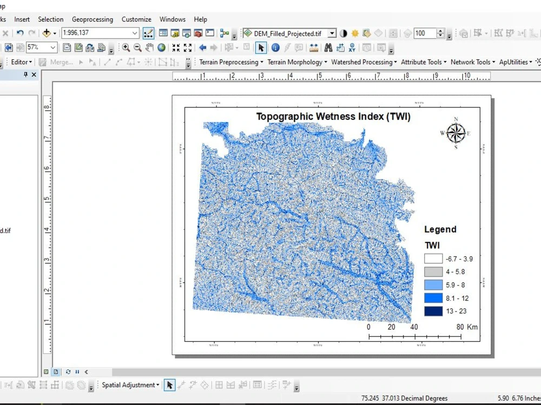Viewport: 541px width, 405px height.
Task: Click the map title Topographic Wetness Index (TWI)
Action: pyautogui.click(x=333, y=117)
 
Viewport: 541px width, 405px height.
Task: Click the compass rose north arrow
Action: pyautogui.click(x=456, y=133)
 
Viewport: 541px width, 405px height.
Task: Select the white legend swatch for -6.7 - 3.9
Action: pyautogui.click(x=433, y=259)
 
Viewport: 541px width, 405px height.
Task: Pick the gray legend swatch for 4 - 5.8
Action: pyautogui.click(x=433, y=272)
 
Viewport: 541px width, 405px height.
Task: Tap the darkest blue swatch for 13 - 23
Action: pyautogui.click(x=433, y=311)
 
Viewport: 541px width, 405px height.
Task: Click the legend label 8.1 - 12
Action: pyautogui.click(x=457, y=298)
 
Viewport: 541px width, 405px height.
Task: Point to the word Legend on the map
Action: pyautogui.click(x=440, y=230)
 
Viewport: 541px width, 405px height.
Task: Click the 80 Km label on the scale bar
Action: pyautogui.click(x=467, y=327)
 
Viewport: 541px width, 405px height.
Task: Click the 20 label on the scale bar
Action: pyautogui.click(x=391, y=327)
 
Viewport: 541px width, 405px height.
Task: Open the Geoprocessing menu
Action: pyautogui.click(x=93, y=19)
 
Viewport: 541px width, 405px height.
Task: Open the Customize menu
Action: pyautogui.click(x=136, y=19)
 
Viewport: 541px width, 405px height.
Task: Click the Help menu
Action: pyautogui.click(x=200, y=19)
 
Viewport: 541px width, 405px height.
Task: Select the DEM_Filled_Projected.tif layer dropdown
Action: pyautogui.click(x=289, y=33)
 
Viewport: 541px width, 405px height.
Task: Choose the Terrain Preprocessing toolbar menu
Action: pyautogui.click(x=231, y=62)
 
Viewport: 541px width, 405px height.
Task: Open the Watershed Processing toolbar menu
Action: pyautogui.click(x=364, y=62)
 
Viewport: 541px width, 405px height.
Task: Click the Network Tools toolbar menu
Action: pyautogui.click(x=473, y=62)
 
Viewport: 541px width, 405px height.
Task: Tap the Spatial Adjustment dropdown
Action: pyautogui.click(x=130, y=385)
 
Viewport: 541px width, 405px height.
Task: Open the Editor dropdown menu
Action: pyautogui.click(x=22, y=62)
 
